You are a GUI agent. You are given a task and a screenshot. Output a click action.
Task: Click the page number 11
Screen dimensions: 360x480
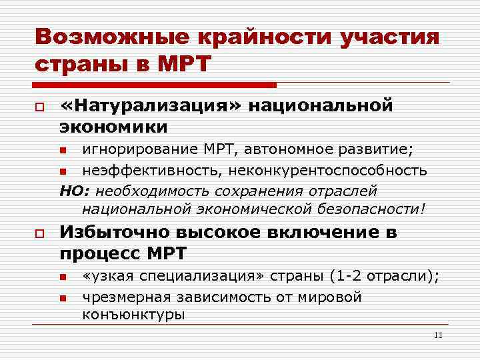(x=438, y=335)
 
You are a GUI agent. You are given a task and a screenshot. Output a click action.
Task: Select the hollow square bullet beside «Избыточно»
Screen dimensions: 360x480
(x=40, y=233)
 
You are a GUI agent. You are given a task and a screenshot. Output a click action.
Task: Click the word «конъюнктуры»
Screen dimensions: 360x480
(x=133, y=315)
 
